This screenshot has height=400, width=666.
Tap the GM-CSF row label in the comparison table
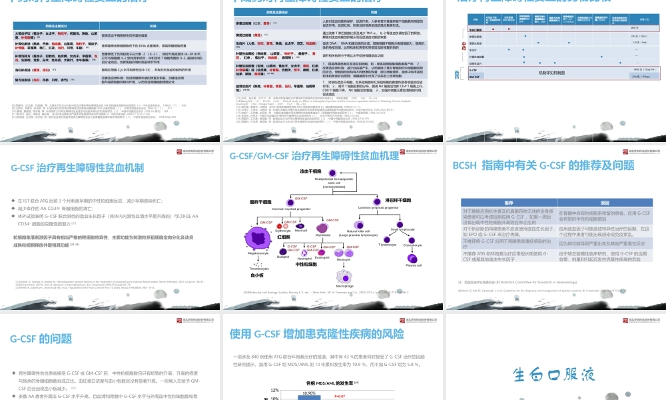(476, 77)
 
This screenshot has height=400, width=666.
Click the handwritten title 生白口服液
(554, 374)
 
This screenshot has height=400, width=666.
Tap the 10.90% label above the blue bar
(310, 393)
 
